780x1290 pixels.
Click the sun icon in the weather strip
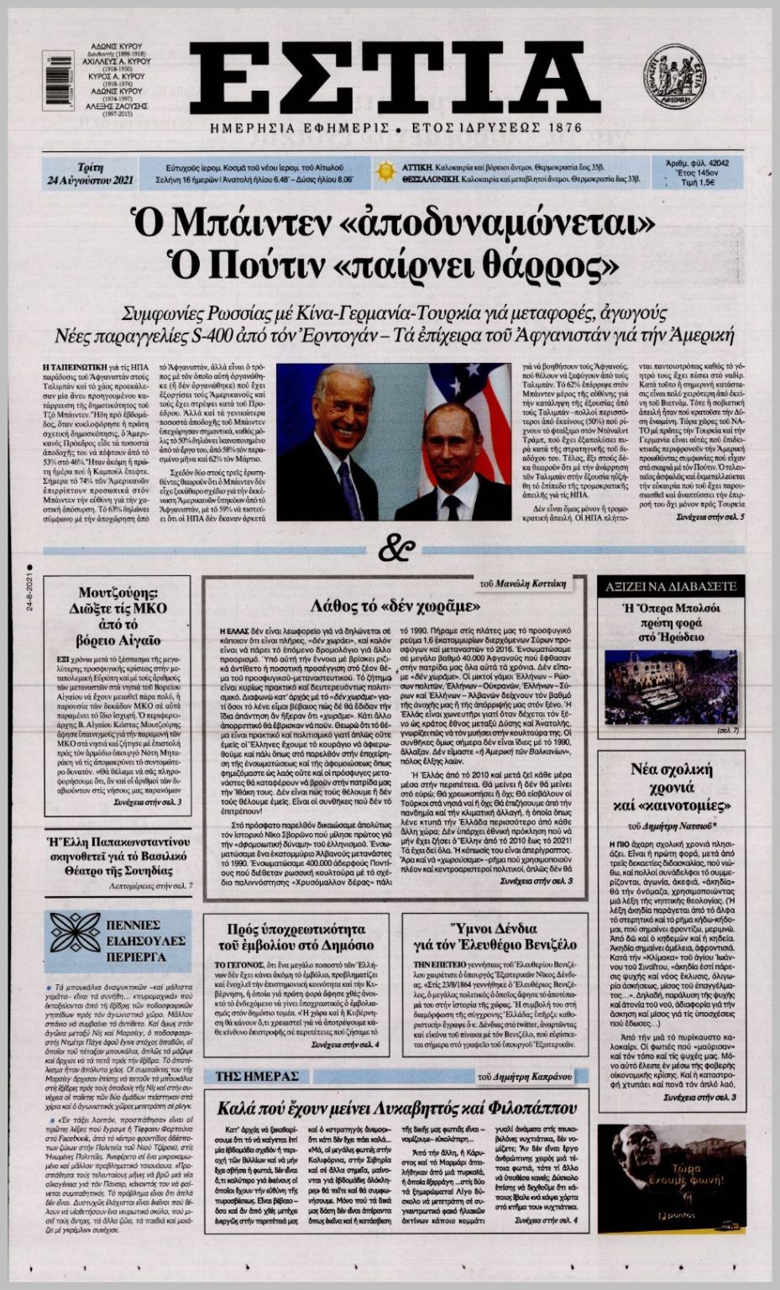tap(385, 172)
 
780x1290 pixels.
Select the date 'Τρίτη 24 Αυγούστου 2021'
tap(81, 173)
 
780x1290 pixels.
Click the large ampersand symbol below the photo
tap(395, 549)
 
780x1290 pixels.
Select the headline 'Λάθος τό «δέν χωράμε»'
tap(395, 606)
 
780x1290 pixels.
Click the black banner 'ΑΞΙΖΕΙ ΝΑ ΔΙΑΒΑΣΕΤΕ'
tap(671, 586)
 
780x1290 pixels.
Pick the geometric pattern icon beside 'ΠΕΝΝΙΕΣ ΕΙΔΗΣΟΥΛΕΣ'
tap(76, 936)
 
